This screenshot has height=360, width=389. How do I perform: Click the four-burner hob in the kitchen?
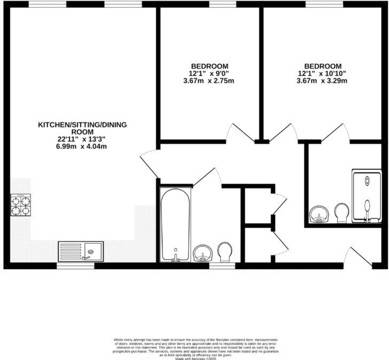(x=20, y=205)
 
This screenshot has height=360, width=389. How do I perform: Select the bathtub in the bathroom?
(x=174, y=224)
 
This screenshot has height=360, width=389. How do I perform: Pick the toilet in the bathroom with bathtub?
(x=225, y=252)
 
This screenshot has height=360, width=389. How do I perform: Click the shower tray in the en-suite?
(x=367, y=195)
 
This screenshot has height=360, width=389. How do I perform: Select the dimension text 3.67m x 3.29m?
(x=322, y=81)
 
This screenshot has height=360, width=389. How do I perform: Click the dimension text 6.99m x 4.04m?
(x=81, y=146)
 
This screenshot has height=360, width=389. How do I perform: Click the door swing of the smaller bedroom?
(x=238, y=133)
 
